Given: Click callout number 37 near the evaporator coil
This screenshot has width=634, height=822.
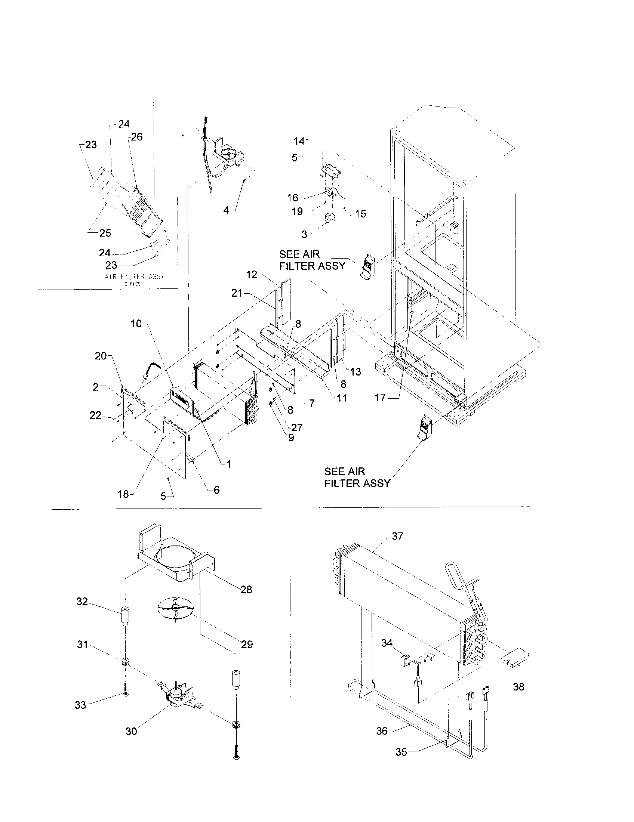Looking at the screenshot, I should (398, 536).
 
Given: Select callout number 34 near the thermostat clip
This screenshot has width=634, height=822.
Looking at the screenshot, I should (387, 643).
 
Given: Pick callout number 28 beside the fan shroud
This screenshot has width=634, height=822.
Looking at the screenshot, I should (246, 590).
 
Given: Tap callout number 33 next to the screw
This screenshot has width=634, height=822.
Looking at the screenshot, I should (80, 705).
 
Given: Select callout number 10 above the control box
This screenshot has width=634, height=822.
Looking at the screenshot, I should (136, 324).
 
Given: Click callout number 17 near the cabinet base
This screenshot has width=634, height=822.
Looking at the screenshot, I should (380, 398).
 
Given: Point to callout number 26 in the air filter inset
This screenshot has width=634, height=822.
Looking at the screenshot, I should (137, 137).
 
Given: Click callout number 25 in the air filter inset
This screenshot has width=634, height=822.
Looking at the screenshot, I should (105, 233).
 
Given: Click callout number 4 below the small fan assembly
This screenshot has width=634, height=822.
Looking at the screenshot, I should (226, 210).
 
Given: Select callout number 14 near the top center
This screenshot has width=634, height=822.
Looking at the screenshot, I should (299, 141).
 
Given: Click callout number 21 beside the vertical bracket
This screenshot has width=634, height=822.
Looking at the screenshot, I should (236, 293).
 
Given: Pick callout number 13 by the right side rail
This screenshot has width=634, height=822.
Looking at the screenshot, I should (356, 372).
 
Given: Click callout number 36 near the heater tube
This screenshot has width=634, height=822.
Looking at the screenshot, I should (382, 731).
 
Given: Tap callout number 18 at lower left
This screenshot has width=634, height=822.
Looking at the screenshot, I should (123, 494).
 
